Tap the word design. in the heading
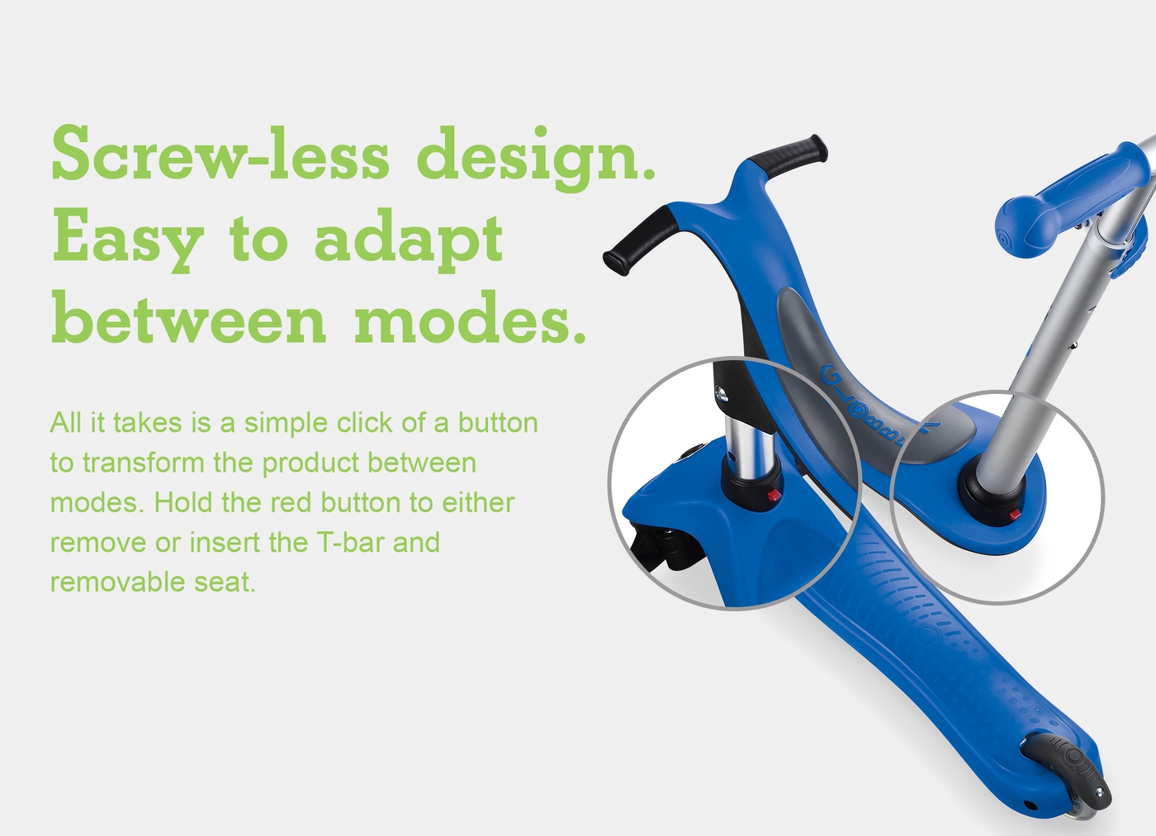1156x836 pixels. coord(536,158)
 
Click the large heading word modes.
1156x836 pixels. coord(471,316)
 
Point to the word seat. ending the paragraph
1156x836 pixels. coord(225,582)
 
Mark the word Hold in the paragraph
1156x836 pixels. coord(183,502)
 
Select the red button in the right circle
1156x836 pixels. coord(1015,514)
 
